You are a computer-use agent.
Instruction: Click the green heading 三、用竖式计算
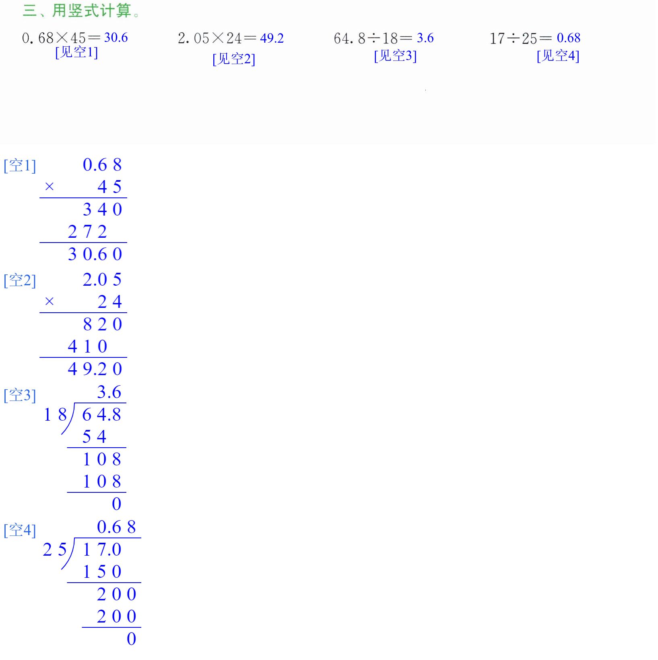(x=81, y=10)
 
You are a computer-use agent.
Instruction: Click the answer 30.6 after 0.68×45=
(x=116, y=37)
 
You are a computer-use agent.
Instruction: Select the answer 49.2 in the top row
(x=272, y=38)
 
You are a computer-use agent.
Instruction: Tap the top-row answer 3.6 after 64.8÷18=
(x=425, y=38)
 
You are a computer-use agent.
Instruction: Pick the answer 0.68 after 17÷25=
(x=568, y=38)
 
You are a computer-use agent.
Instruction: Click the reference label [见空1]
(x=76, y=52)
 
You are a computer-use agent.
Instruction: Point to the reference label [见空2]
(x=234, y=59)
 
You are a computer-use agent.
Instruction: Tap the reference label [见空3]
(x=395, y=56)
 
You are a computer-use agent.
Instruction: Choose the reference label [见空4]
(x=558, y=56)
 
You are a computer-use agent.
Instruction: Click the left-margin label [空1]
(x=20, y=166)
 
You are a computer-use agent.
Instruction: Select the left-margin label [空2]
(x=20, y=280)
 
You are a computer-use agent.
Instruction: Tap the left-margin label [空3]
(x=20, y=395)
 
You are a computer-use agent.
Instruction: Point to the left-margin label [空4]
(x=20, y=530)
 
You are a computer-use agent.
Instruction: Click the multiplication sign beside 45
(x=50, y=187)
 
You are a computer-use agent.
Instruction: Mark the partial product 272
(x=87, y=232)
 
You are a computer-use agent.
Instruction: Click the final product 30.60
(x=95, y=254)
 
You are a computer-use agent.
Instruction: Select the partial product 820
(x=102, y=324)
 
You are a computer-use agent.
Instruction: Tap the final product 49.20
(x=95, y=369)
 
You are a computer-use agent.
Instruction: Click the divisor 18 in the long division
(x=55, y=415)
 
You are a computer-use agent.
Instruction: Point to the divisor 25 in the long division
(x=55, y=550)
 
